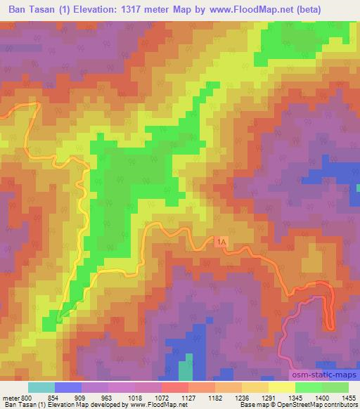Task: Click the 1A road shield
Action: click(222, 241)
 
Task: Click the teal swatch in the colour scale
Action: click(41, 387)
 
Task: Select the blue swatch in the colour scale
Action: click(68, 387)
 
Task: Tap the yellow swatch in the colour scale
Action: click(281, 387)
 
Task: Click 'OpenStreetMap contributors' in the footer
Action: click(317, 405)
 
